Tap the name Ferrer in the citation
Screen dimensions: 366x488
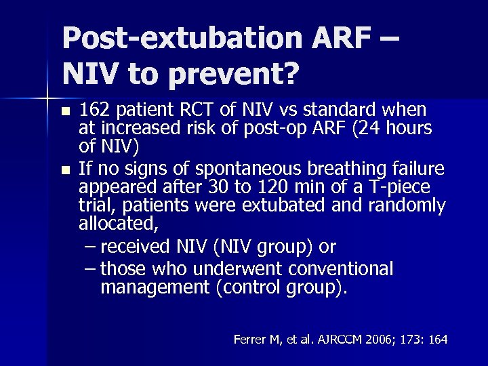pos(249,339)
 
